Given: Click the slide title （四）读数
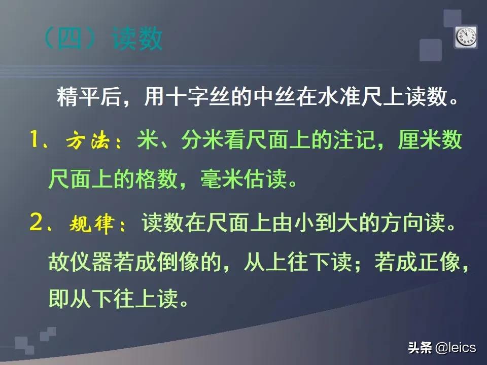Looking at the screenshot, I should (101, 40).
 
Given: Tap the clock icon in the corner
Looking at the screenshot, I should (465, 36).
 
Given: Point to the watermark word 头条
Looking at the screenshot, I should (420, 348).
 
